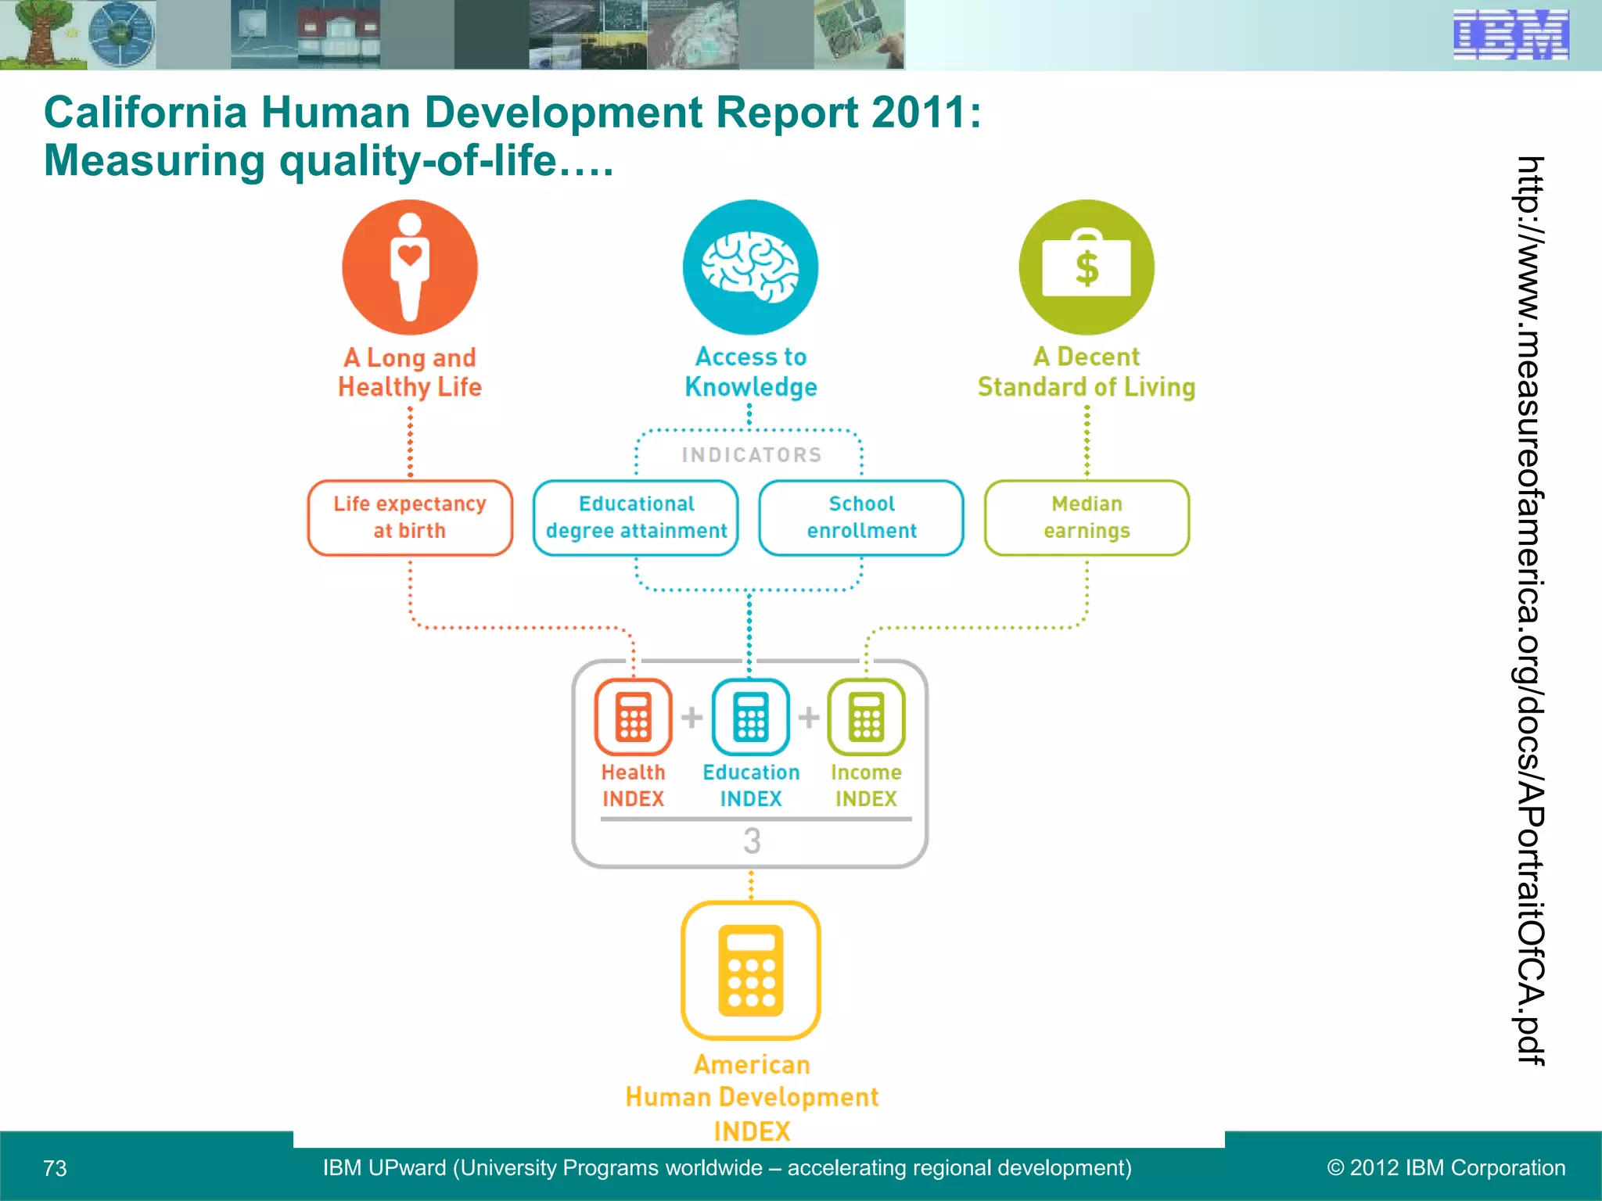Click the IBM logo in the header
click(x=1510, y=34)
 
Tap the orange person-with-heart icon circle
click(x=410, y=267)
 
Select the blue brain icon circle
click(x=750, y=267)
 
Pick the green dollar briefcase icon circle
click(x=1087, y=267)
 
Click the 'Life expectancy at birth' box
click(x=410, y=518)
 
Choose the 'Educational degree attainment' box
click(x=636, y=518)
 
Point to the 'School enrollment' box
click(x=861, y=518)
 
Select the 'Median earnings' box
click(x=1087, y=518)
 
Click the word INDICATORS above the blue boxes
click(x=752, y=455)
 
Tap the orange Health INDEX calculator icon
click(x=634, y=716)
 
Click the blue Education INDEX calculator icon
click(x=751, y=716)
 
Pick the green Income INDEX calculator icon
click(x=867, y=716)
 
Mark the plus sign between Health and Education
click(x=691, y=716)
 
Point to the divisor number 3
click(x=752, y=841)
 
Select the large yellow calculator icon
click(x=751, y=970)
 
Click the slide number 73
click(x=55, y=1168)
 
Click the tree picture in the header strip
click(x=38, y=34)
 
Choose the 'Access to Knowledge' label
click(x=751, y=371)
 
